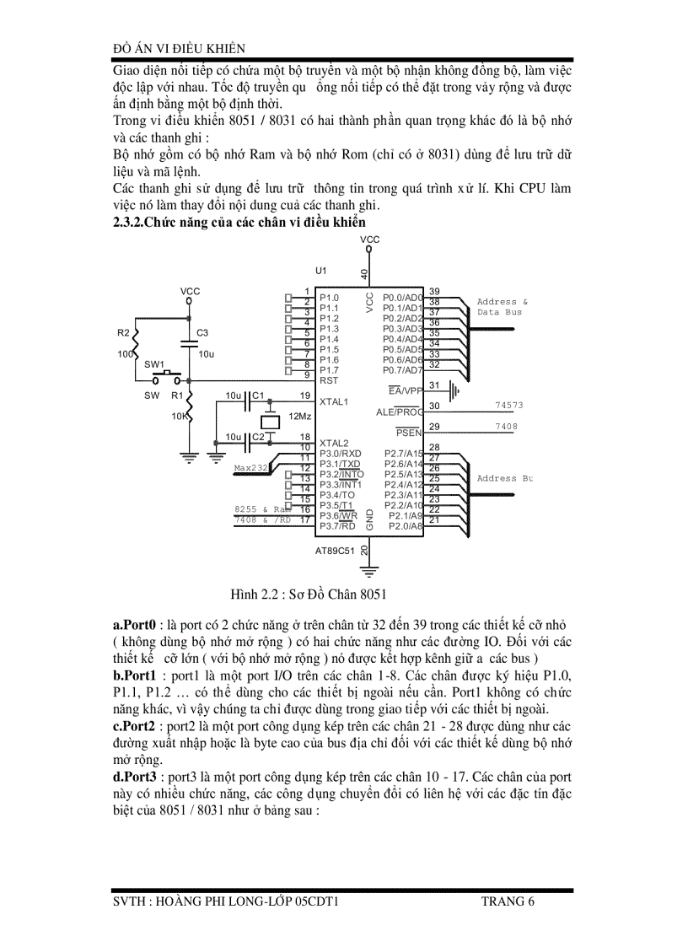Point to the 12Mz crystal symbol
pyautogui.click(x=270, y=422)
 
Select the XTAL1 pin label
pyautogui.click(x=334, y=401)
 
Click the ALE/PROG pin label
pyautogui.click(x=400, y=412)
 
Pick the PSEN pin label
pyautogui.click(x=409, y=433)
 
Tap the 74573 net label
pyautogui.click(x=508, y=406)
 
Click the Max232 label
pyautogui.click(x=250, y=467)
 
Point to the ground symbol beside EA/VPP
pyautogui.click(x=456, y=390)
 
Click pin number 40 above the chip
pyautogui.click(x=364, y=273)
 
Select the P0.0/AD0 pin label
pyautogui.click(x=402, y=298)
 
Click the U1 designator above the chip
pyautogui.click(x=320, y=271)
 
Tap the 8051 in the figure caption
pyautogui.click(x=373, y=595)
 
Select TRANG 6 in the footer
pyautogui.click(x=508, y=901)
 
